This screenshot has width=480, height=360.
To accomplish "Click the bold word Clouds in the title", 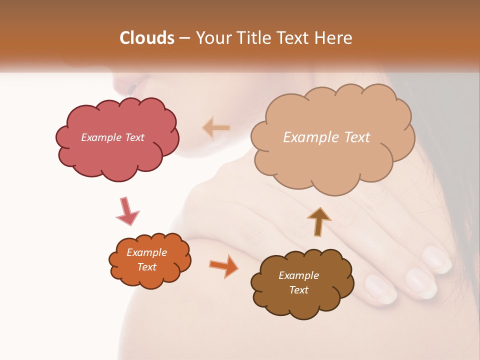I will tap(147, 38).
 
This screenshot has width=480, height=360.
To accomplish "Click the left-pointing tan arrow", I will tap(216, 128).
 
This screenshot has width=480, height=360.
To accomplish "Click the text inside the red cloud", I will tap(112, 137).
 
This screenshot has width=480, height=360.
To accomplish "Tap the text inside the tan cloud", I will tap(326, 137).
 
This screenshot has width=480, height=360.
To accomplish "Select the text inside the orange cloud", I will tap(147, 259).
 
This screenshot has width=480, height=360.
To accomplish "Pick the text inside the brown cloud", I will tap(298, 282).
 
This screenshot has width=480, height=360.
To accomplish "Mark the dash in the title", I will tap(184, 38).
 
